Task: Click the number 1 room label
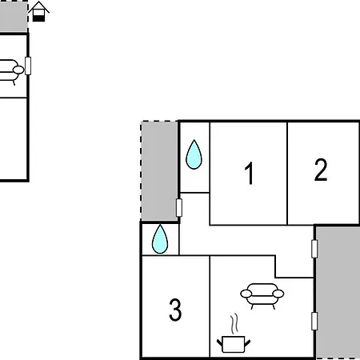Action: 249,173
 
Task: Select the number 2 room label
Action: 321,170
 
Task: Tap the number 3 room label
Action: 175,310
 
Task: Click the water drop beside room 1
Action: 194,154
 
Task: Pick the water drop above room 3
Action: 160,239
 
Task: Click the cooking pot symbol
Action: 234,344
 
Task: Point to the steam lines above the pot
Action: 234,323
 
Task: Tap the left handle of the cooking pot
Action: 219,343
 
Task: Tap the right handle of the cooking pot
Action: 247,343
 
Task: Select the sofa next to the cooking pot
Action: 262,295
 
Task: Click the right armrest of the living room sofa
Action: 278,294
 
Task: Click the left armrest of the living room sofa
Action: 246,294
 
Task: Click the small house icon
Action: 39,11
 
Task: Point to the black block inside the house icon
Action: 39,18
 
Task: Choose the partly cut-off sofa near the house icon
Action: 10,71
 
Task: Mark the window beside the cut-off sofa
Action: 28,66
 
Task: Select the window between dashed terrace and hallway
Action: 179,207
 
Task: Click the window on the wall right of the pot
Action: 314,321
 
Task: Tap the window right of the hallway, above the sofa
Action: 314,249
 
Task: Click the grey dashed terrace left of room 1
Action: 159,170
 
